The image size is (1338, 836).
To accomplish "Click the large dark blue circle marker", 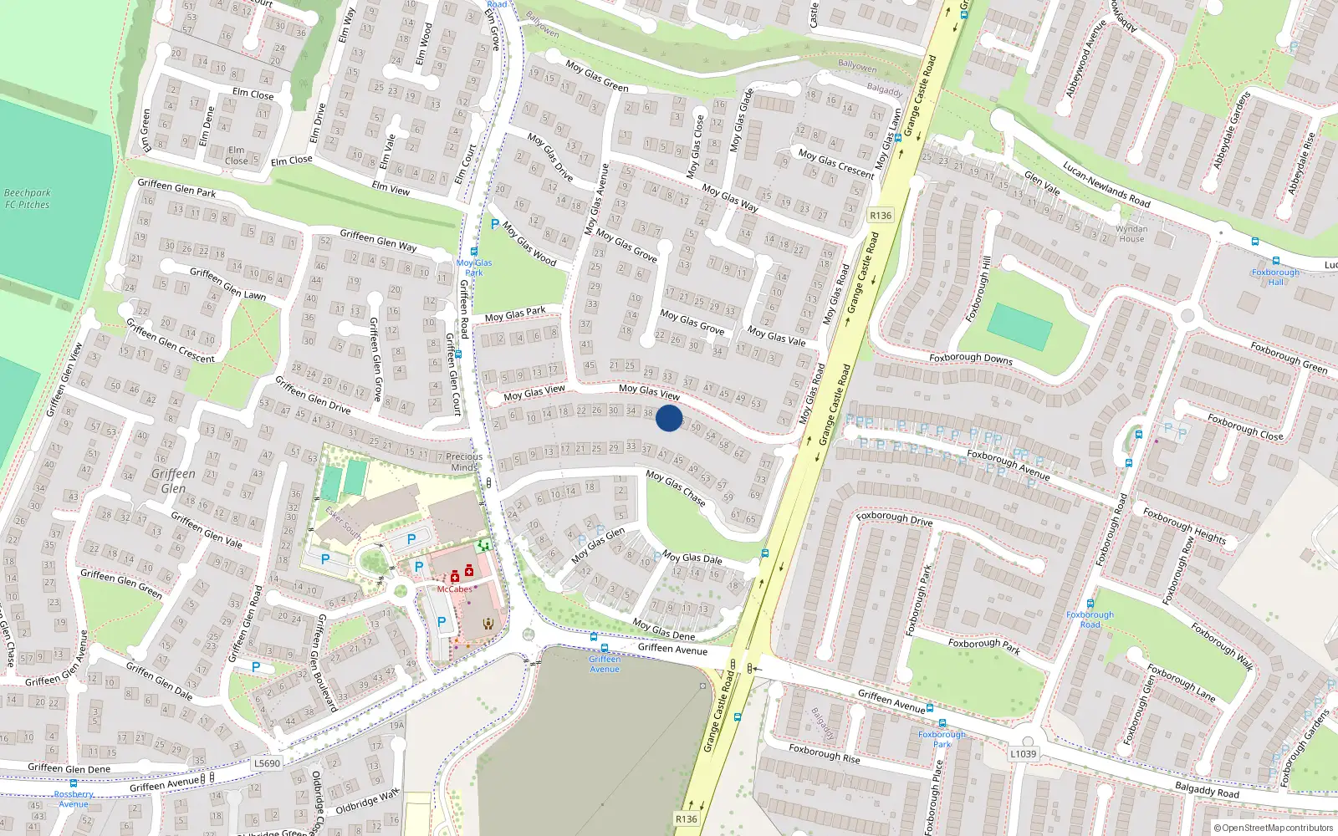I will [x=669, y=418].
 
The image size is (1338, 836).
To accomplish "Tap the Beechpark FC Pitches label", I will [x=27, y=199].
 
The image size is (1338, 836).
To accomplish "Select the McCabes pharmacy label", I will [x=454, y=589].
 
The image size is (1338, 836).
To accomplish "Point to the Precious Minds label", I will [x=463, y=461].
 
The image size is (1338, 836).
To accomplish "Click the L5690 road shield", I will [x=267, y=763].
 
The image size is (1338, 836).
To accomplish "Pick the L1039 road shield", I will [x=1023, y=753].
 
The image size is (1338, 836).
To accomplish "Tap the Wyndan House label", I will [x=1131, y=234].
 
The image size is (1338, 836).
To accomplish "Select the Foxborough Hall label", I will [x=1275, y=277].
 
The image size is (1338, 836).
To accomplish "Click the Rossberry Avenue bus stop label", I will [x=74, y=799].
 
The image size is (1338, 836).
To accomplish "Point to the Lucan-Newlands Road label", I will [x=1106, y=185].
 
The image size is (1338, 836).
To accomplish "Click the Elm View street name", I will [x=391, y=189].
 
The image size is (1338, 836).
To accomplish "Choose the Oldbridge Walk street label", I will [x=367, y=802].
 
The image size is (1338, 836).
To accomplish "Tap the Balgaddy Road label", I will [x=1207, y=788].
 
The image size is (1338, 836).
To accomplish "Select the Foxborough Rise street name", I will [x=824, y=753].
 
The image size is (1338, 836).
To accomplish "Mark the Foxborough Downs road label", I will [x=970, y=359].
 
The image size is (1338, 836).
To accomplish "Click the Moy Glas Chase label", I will [x=675, y=488].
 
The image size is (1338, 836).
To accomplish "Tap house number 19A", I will [x=396, y=726].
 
